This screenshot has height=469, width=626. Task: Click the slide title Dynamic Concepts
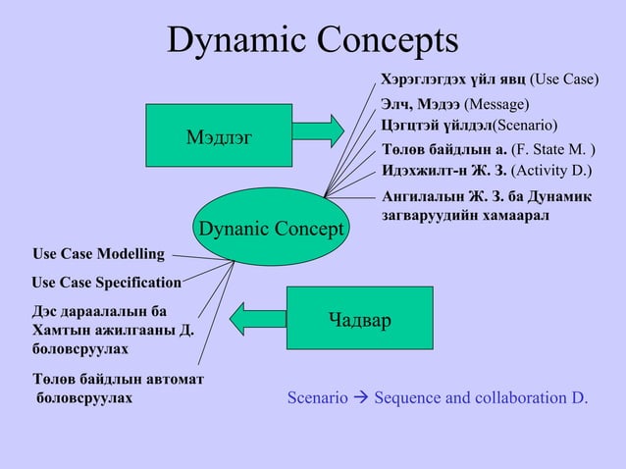[x=313, y=41]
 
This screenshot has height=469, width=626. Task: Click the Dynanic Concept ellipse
[x=271, y=229]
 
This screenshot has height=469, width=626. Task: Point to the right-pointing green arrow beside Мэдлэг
[x=320, y=130]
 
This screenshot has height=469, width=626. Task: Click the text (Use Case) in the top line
[x=563, y=79]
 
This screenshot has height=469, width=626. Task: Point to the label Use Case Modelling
[x=98, y=255]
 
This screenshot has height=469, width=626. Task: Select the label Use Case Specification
[x=106, y=283]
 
